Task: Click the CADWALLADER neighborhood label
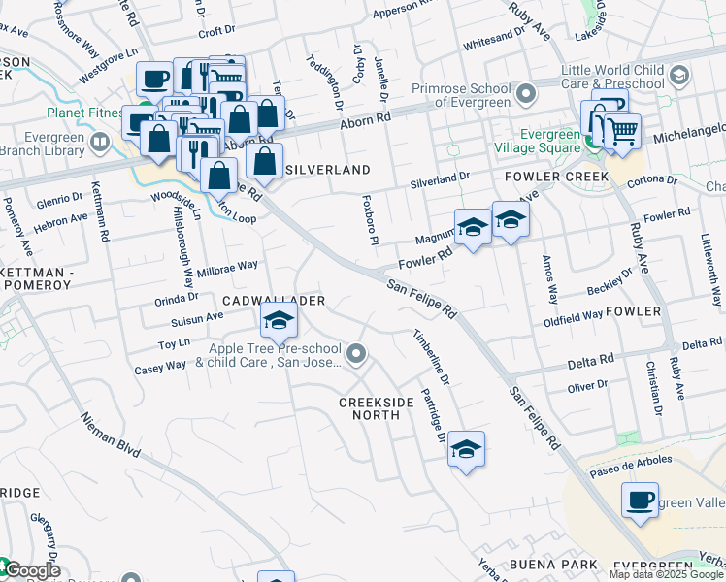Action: pos(274,302)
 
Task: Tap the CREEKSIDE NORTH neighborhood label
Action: pos(369,408)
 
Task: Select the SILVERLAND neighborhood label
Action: pos(328,170)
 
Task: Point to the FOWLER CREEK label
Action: pos(556,177)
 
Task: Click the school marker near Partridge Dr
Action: pos(467,448)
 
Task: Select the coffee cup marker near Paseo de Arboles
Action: pos(640,501)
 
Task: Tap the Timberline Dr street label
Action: pos(425,354)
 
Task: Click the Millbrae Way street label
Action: pos(227,265)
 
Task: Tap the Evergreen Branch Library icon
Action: pos(99,145)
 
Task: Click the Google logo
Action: pos(31,570)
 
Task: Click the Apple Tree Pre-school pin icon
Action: pos(357,355)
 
